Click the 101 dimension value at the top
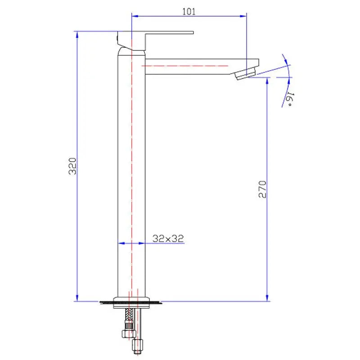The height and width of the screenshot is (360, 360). (x=189, y=12)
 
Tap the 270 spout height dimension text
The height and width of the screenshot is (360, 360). (x=263, y=189)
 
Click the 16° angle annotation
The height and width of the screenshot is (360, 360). (x=289, y=98)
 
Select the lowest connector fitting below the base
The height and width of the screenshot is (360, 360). (x=138, y=346)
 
